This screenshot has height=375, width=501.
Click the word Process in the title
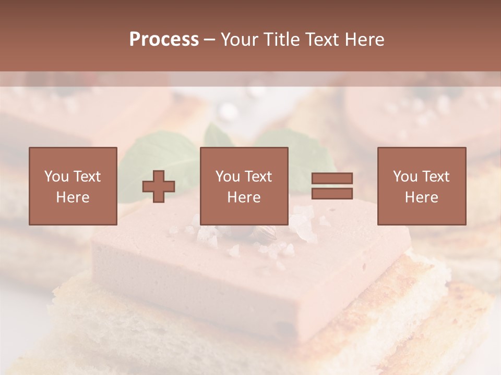pyautogui.click(x=164, y=40)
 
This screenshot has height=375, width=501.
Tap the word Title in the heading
pyautogui.click(x=282, y=40)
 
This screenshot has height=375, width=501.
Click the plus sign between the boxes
pyautogui.click(x=159, y=186)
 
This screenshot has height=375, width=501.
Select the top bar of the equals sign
pyautogui.click(x=332, y=178)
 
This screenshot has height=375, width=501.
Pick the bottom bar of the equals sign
pyautogui.click(x=332, y=194)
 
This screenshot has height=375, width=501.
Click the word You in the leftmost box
pyautogui.click(x=55, y=177)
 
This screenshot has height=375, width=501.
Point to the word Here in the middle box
pyautogui.click(x=244, y=197)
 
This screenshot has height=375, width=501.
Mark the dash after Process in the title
pyautogui.click(x=210, y=40)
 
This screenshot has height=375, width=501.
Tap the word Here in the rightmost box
pyautogui.click(x=422, y=197)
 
